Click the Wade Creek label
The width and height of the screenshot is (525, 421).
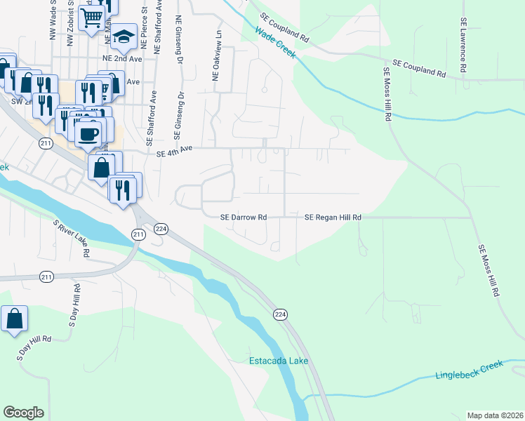[274, 44]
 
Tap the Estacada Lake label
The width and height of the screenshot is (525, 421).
[279, 361]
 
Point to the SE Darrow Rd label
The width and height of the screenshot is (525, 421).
[244, 218]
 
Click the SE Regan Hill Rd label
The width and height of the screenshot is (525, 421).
[333, 218]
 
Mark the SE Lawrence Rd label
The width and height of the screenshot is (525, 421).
[463, 46]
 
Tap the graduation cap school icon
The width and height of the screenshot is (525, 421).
[124, 36]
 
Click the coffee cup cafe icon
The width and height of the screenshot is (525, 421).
[88, 133]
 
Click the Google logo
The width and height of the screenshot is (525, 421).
[23, 413]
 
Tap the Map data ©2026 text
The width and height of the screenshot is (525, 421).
[495, 415]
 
